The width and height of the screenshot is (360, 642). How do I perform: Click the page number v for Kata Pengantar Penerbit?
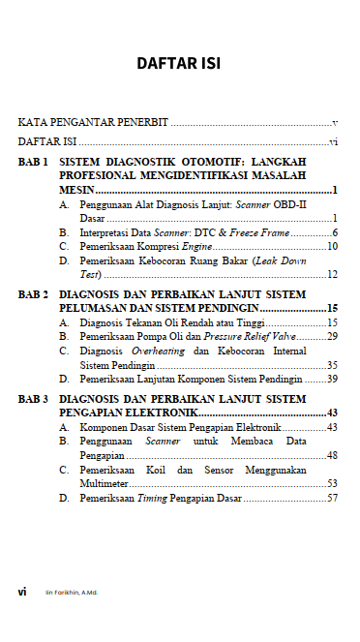point(334,124)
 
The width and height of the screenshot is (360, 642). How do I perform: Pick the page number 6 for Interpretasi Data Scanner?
point(334,233)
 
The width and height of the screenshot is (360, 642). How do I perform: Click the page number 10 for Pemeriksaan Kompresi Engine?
point(332,247)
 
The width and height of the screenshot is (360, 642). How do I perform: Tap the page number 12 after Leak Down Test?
point(332,275)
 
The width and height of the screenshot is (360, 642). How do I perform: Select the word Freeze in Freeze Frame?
point(249,233)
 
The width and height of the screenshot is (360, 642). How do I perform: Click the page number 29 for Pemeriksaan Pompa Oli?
point(332,336)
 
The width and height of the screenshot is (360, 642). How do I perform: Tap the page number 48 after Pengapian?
point(332,455)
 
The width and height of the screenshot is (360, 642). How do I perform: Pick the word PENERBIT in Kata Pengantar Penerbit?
point(141,124)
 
